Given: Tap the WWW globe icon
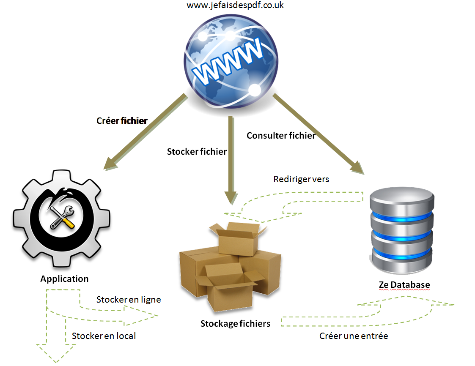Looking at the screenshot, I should pos(231,61).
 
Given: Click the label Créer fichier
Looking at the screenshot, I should pos(122,121).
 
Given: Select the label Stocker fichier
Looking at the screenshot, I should pos(197,151).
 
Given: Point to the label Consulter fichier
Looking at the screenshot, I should pos(281,136).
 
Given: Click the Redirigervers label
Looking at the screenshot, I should pos(301,179).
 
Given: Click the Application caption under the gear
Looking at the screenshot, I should pos(64,279).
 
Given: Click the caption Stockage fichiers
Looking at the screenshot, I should pos(235,324).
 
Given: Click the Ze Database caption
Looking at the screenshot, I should pos(404,285).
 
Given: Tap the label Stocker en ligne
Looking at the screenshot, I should pos(129,300).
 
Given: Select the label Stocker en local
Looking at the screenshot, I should pos(104,336).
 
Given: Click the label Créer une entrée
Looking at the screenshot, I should pos(354,336).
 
